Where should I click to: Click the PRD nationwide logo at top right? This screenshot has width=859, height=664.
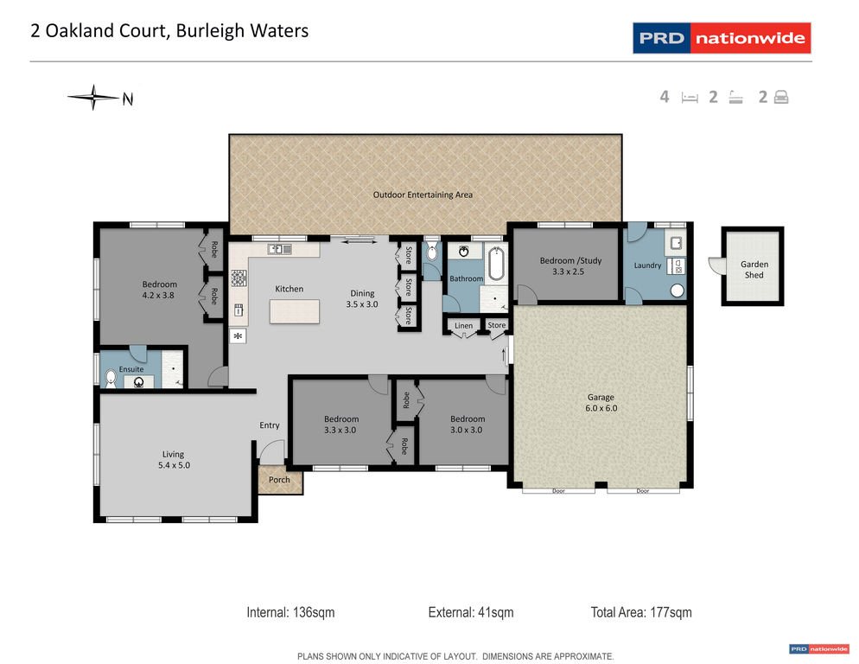(x=722, y=38)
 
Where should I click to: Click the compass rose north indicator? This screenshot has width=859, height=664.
(x=93, y=98)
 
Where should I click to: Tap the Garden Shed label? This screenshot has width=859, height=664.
(x=754, y=270)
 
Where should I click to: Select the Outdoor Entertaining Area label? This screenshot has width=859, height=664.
(x=423, y=195)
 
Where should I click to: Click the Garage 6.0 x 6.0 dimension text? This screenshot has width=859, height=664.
(x=601, y=403)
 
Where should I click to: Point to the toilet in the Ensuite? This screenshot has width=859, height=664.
(x=110, y=377)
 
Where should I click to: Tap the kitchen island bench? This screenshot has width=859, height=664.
(x=294, y=310)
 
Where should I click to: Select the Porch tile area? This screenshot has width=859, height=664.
(x=280, y=480)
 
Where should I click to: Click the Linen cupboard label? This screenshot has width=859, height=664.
(x=464, y=325)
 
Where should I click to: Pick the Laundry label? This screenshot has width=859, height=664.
(x=647, y=265)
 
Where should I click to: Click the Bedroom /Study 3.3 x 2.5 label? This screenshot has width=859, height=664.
(x=570, y=265)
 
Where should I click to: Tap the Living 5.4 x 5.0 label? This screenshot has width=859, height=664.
(x=173, y=459)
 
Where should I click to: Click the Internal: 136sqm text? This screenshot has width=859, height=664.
(x=290, y=613)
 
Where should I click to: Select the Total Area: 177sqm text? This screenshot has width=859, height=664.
(x=641, y=613)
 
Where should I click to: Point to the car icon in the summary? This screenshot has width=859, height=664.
(x=781, y=98)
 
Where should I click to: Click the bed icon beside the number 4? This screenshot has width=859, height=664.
(x=689, y=98)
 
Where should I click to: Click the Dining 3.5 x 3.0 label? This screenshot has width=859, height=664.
(x=363, y=298)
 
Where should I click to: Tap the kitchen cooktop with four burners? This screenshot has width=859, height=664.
(x=239, y=279)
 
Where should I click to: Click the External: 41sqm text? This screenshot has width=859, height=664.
(x=471, y=613)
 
